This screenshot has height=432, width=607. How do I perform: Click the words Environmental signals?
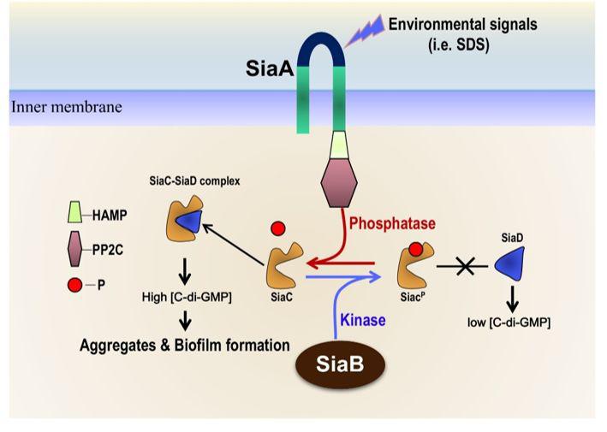pyautogui.click(x=463, y=23)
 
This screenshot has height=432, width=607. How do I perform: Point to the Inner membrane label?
pyautogui.click(x=66, y=108)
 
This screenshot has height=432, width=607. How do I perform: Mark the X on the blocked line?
pyautogui.click(x=467, y=268)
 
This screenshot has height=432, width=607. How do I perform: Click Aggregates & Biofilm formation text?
pyautogui.click(x=184, y=346)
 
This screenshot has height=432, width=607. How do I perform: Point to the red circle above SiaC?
pyautogui.click(x=277, y=229)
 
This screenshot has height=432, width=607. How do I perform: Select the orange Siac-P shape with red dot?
pyautogui.click(x=414, y=266)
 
